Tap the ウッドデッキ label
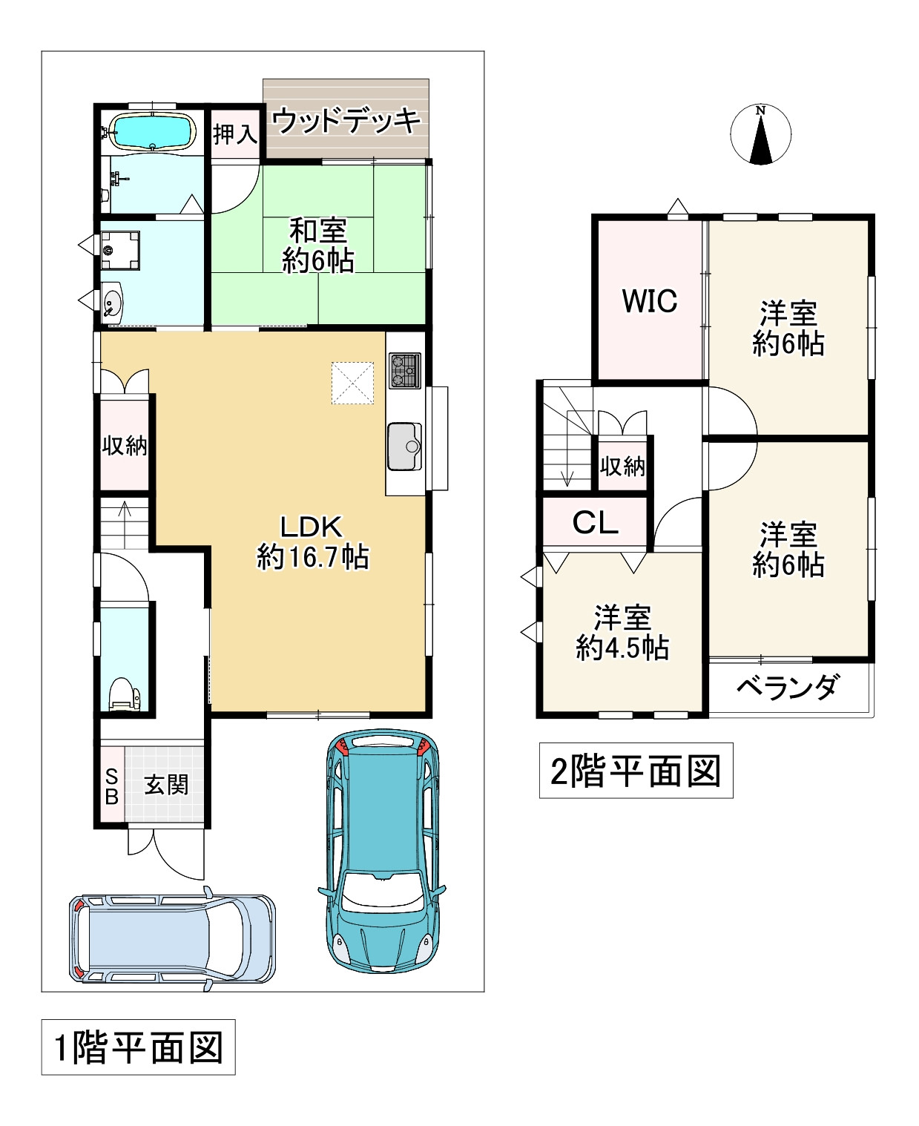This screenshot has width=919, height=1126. pyautogui.click(x=346, y=120)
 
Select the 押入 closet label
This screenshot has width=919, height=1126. pyautogui.click(x=235, y=134)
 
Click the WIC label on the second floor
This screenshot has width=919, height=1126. pyautogui.click(x=650, y=301)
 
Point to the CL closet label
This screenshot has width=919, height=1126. pyautogui.click(x=596, y=523)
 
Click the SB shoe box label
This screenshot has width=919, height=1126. pyautogui.click(x=112, y=786)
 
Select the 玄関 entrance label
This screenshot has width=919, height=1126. pyautogui.click(x=167, y=785)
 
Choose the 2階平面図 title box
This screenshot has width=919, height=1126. pyautogui.click(x=636, y=771)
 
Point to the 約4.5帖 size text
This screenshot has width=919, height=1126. pyautogui.click(x=622, y=648)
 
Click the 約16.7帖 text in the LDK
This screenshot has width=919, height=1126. pyautogui.click(x=313, y=556)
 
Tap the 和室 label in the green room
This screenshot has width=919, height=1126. pyautogui.click(x=318, y=231)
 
